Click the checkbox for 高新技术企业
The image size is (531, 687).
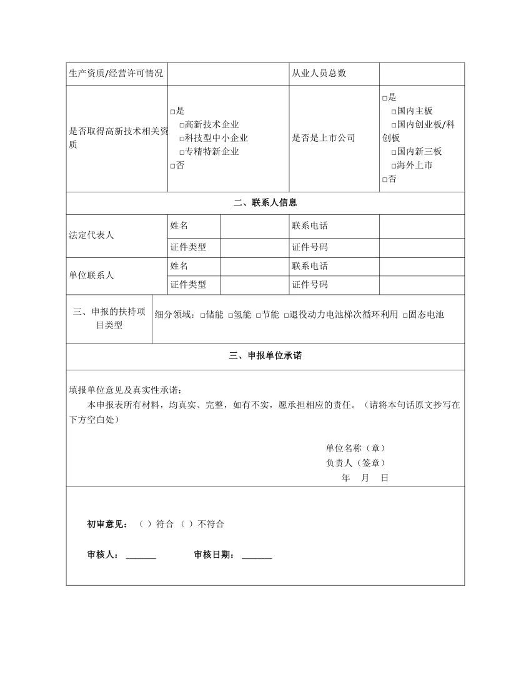(182, 125)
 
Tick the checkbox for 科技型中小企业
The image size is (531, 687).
(182, 139)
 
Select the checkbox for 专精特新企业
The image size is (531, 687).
(182, 152)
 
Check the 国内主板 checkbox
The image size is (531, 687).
(394, 111)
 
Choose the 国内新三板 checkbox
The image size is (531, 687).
(394, 152)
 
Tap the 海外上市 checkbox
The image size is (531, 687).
(394, 166)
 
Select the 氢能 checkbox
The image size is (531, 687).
(231, 315)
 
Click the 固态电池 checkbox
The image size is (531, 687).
(405, 315)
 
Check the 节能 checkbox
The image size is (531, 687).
(258, 315)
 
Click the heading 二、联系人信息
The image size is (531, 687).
(265, 202)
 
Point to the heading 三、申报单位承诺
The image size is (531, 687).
(265, 356)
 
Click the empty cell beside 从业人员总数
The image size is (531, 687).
(422, 73)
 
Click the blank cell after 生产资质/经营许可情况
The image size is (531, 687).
(228, 73)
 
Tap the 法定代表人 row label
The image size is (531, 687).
(91, 235)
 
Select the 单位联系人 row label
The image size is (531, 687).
(91, 275)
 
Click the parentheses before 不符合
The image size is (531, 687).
(186, 524)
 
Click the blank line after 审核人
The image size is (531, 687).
(141, 556)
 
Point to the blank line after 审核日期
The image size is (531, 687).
(256, 556)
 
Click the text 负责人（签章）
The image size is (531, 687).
(355, 463)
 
